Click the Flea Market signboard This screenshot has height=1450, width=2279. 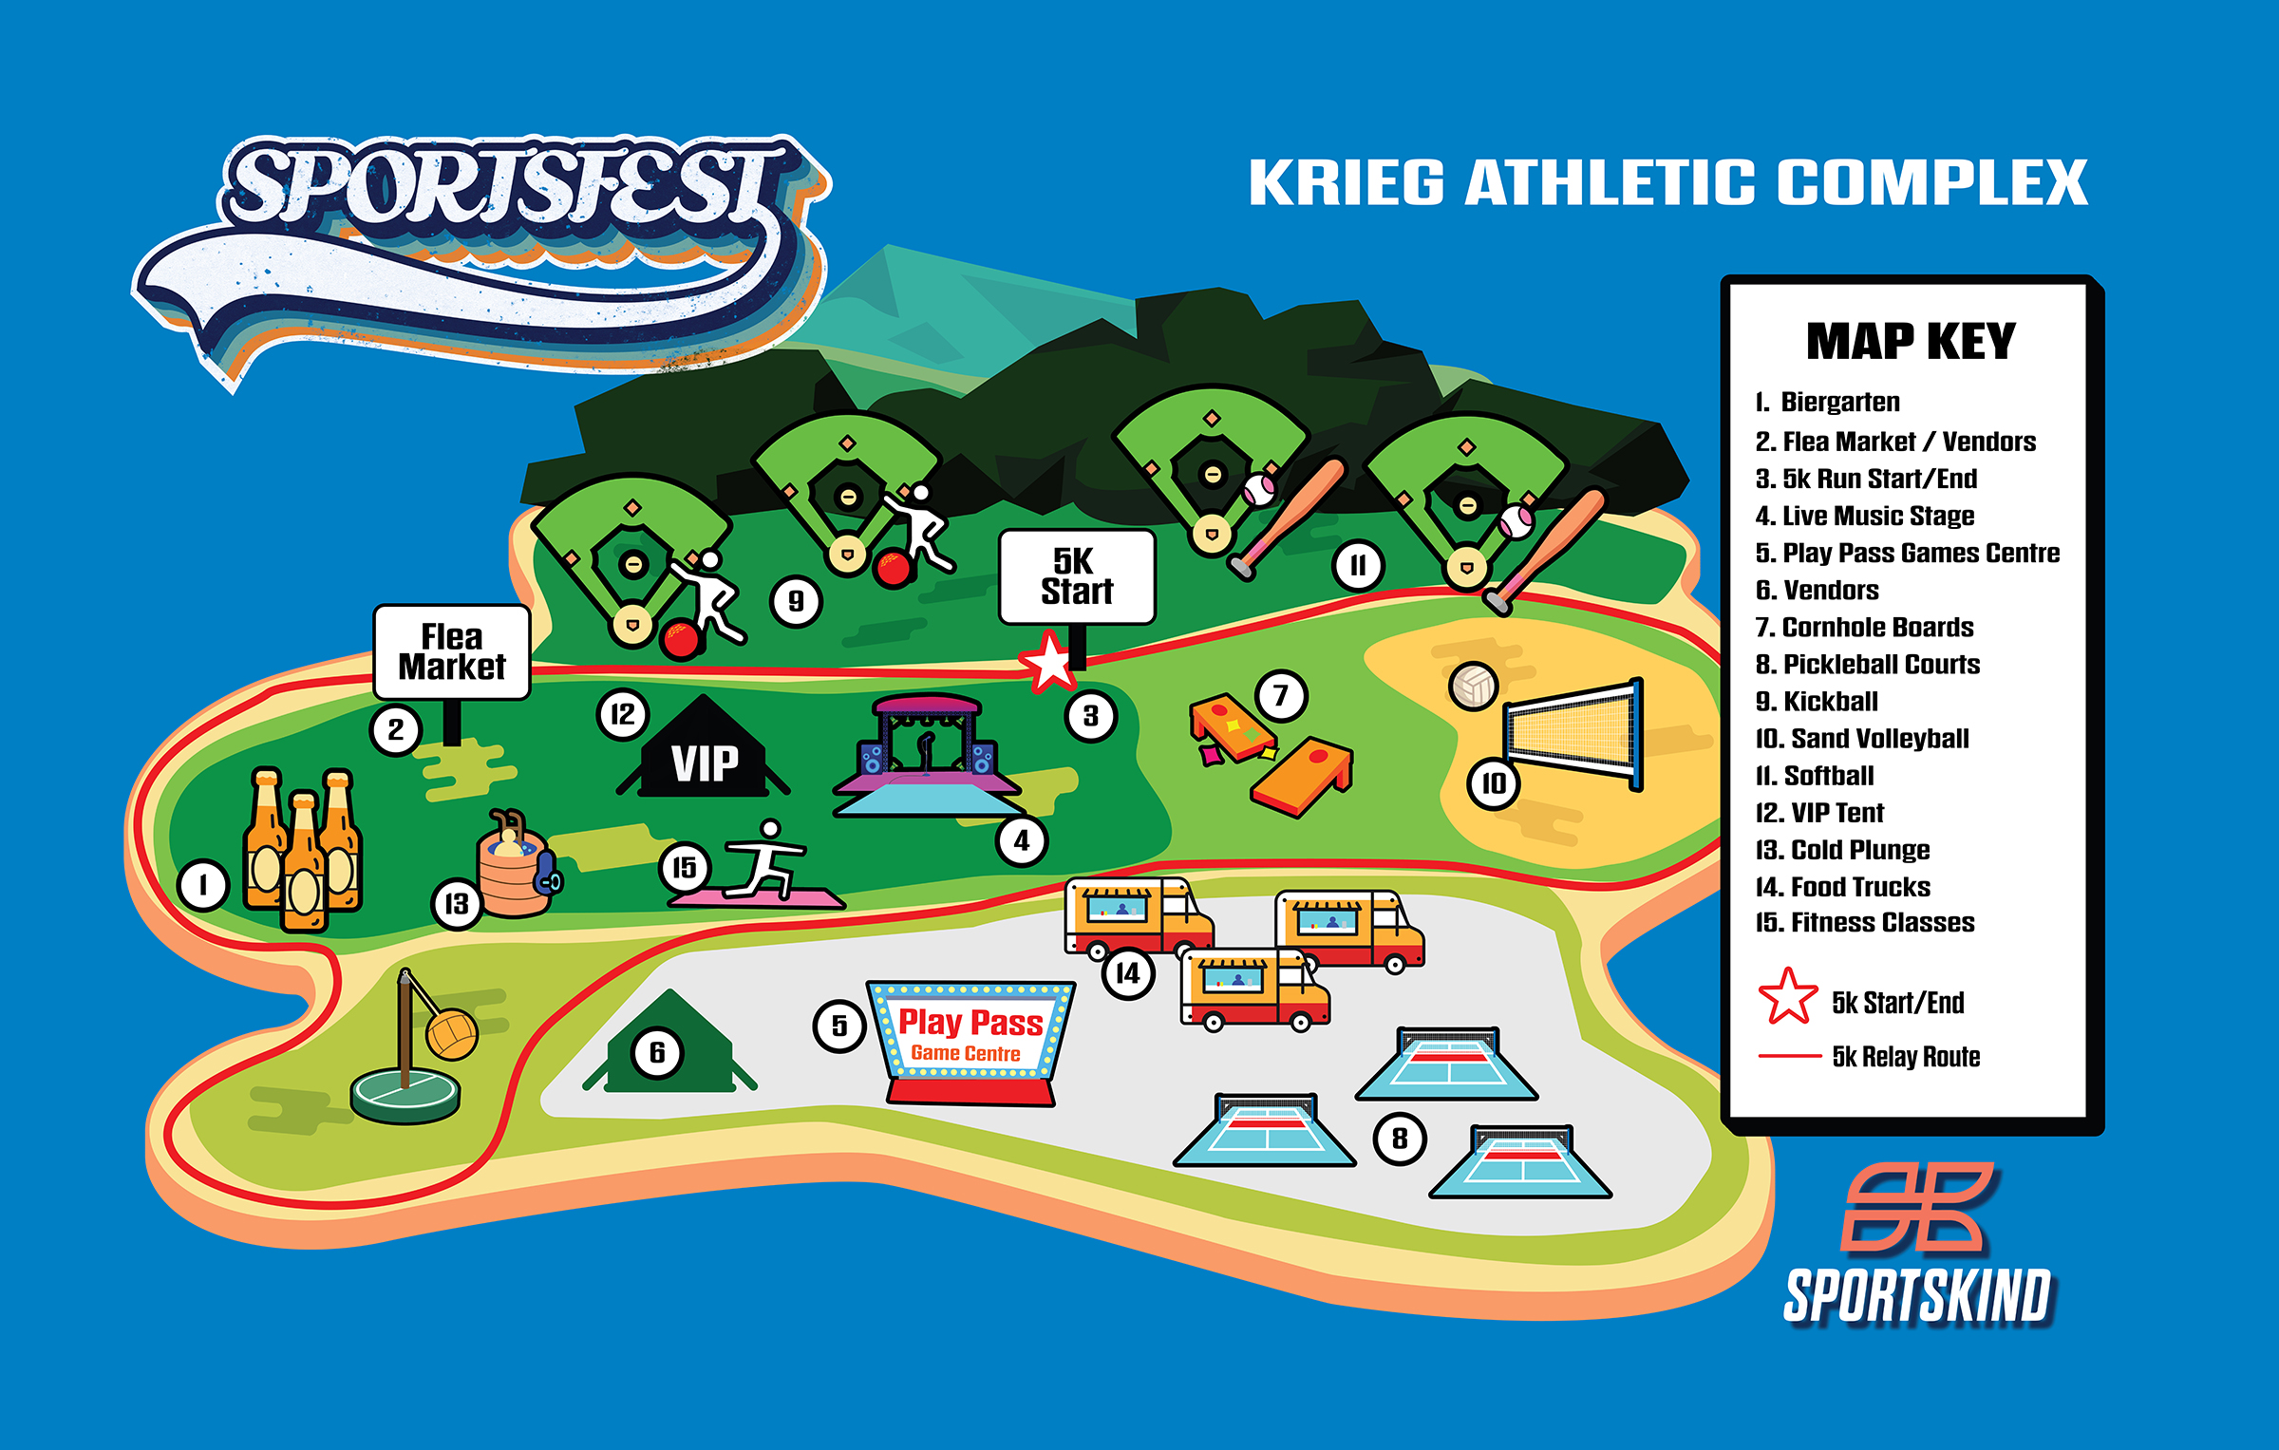452,652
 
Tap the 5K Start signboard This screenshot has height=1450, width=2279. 1077,576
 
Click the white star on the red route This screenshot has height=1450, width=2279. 1049,662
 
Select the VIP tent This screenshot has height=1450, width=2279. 704,752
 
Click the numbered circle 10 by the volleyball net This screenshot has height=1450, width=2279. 1494,783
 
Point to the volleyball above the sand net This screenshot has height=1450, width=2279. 1474,686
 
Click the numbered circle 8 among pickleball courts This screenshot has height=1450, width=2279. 1400,1138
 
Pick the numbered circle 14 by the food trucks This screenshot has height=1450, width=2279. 1128,973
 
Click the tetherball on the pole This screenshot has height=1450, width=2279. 452,1033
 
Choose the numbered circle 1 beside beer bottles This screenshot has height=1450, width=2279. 203,886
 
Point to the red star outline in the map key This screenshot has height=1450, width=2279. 1788,997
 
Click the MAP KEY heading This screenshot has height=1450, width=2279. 1911,342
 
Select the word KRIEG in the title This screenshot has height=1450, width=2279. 1347,182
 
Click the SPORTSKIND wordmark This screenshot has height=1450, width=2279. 1917,1296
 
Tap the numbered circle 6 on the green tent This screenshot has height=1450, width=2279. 657,1052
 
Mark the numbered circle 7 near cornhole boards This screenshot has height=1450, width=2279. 1281,696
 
